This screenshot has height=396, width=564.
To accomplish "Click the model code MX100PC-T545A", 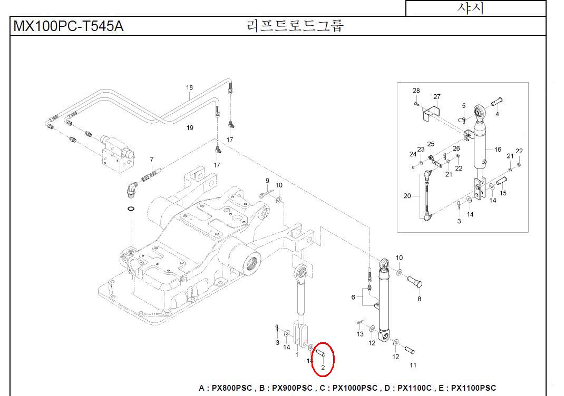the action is pos(69,26).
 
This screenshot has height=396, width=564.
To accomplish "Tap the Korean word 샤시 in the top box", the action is pos(470,8).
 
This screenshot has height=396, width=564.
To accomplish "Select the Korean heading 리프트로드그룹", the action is pos(295,25).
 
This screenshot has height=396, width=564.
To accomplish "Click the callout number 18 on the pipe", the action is pos(190,87).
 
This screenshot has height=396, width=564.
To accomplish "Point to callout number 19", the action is pos(190,127).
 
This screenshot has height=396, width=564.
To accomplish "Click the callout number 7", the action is pos(152,159).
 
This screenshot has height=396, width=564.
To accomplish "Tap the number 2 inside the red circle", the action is pos(323,368).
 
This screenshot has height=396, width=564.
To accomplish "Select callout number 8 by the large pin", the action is pos(419,299).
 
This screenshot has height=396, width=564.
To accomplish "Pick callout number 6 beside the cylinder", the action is pos(353,297).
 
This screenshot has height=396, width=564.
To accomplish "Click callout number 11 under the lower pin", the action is pos(413,365).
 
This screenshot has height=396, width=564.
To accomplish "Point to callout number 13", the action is pos(360,334).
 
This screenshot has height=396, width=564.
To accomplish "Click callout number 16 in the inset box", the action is pos(498,150).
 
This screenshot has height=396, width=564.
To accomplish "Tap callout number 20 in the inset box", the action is pos(407,196).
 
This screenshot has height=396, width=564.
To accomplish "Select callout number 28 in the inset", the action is pos(416,91).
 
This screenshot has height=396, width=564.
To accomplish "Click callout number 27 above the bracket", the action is pos(436,97).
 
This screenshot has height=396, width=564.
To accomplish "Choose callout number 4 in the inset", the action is pos(497,114).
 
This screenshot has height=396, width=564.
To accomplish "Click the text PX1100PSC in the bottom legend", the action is pos(473,388).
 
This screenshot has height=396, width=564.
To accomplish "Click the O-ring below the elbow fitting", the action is pos(131,209).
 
